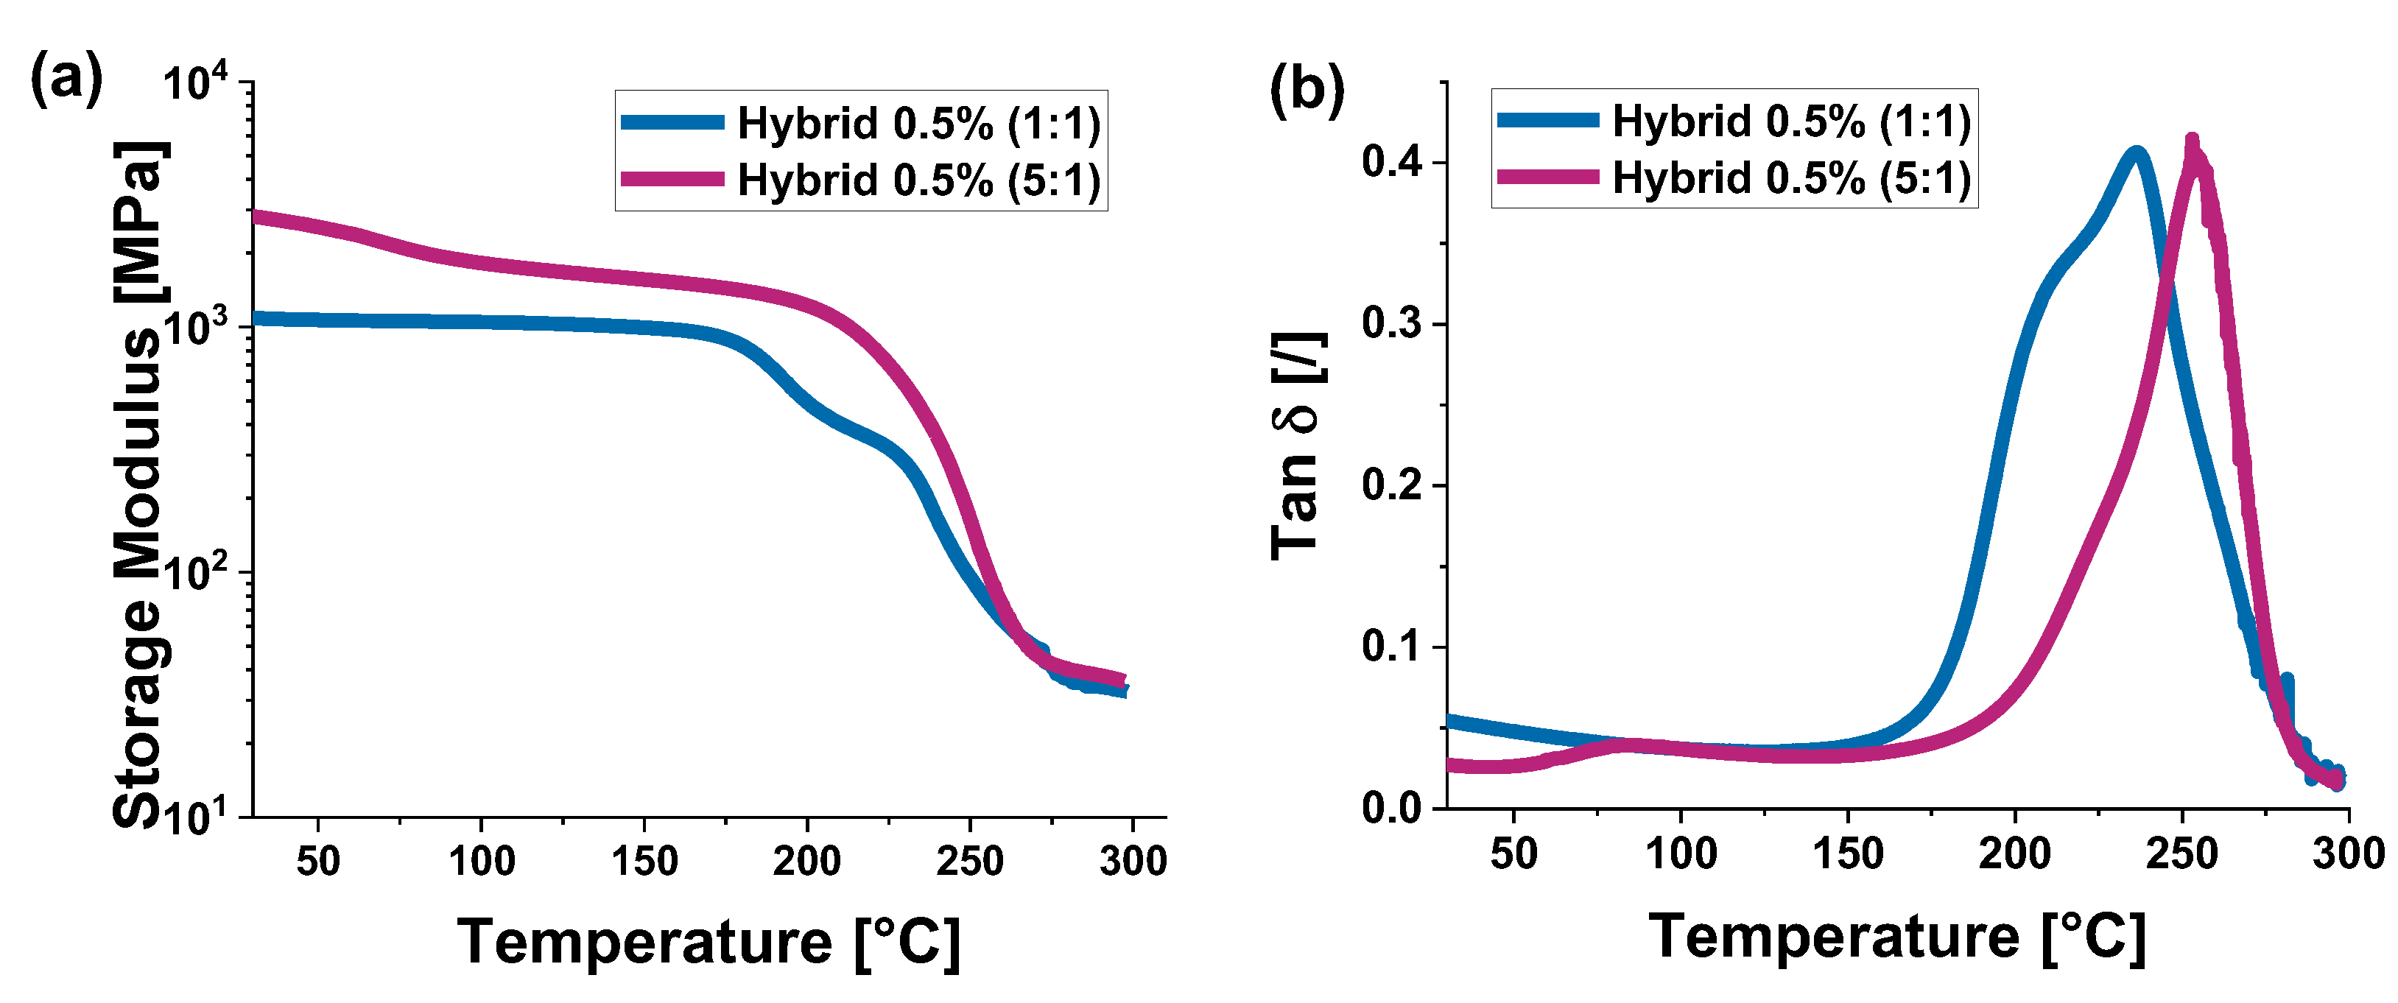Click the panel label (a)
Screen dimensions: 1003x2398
click(66, 78)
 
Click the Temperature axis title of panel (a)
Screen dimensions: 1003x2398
click(708, 942)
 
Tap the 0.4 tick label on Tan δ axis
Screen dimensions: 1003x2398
click(1392, 163)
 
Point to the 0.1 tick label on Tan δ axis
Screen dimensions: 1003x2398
click(1392, 647)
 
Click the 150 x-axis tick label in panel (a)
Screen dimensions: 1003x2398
click(644, 862)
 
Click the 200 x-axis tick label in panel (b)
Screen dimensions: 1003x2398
click(2014, 854)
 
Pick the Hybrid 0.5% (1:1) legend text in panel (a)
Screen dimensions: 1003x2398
click(918, 123)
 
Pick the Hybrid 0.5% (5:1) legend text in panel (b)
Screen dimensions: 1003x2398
click(1791, 177)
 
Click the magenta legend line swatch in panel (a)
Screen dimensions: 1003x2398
click(672, 179)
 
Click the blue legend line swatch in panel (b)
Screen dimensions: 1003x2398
click(1548, 120)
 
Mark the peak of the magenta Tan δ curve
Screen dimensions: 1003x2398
click(2193, 142)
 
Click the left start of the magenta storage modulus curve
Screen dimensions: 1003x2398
click(257, 217)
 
